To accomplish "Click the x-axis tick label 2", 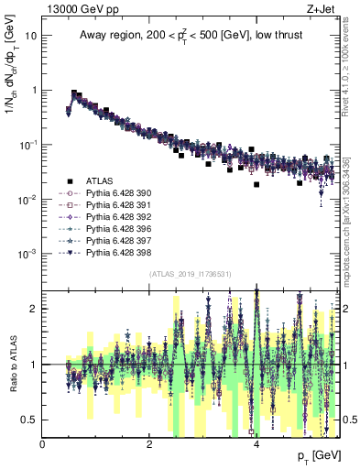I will (149, 444).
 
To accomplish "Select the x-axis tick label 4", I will (256, 444).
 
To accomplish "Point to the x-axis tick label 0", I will (43, 444).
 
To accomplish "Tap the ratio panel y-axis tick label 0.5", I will (28, 420).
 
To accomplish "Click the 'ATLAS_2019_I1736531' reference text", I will (190, 274).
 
